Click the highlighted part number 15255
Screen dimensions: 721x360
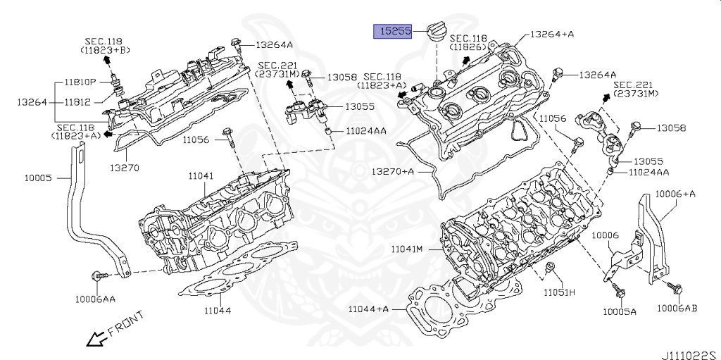tap(392, 31)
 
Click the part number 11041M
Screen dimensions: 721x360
tap(407, 249)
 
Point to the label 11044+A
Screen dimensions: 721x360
tap(368, 309)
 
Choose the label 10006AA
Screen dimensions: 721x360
tap(95, 299)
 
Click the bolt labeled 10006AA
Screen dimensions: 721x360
tap(100, 276)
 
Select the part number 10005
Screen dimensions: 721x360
tap(39, 178)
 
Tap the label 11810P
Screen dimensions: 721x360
tap(80, 83)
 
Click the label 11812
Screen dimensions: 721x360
tap(77, 102)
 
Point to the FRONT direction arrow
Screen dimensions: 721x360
tap(96, 339)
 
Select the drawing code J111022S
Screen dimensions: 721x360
tap(691, 355)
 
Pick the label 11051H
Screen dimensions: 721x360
tap(559, 292)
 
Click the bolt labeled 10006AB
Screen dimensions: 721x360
tap(675, 287)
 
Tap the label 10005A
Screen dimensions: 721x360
tap(620, 311)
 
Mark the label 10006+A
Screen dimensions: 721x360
tap(675, 194)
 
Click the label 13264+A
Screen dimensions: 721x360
tap(552, 34)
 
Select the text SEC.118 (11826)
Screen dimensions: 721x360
tap(468, 42)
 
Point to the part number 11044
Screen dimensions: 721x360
tap(218, 310)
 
